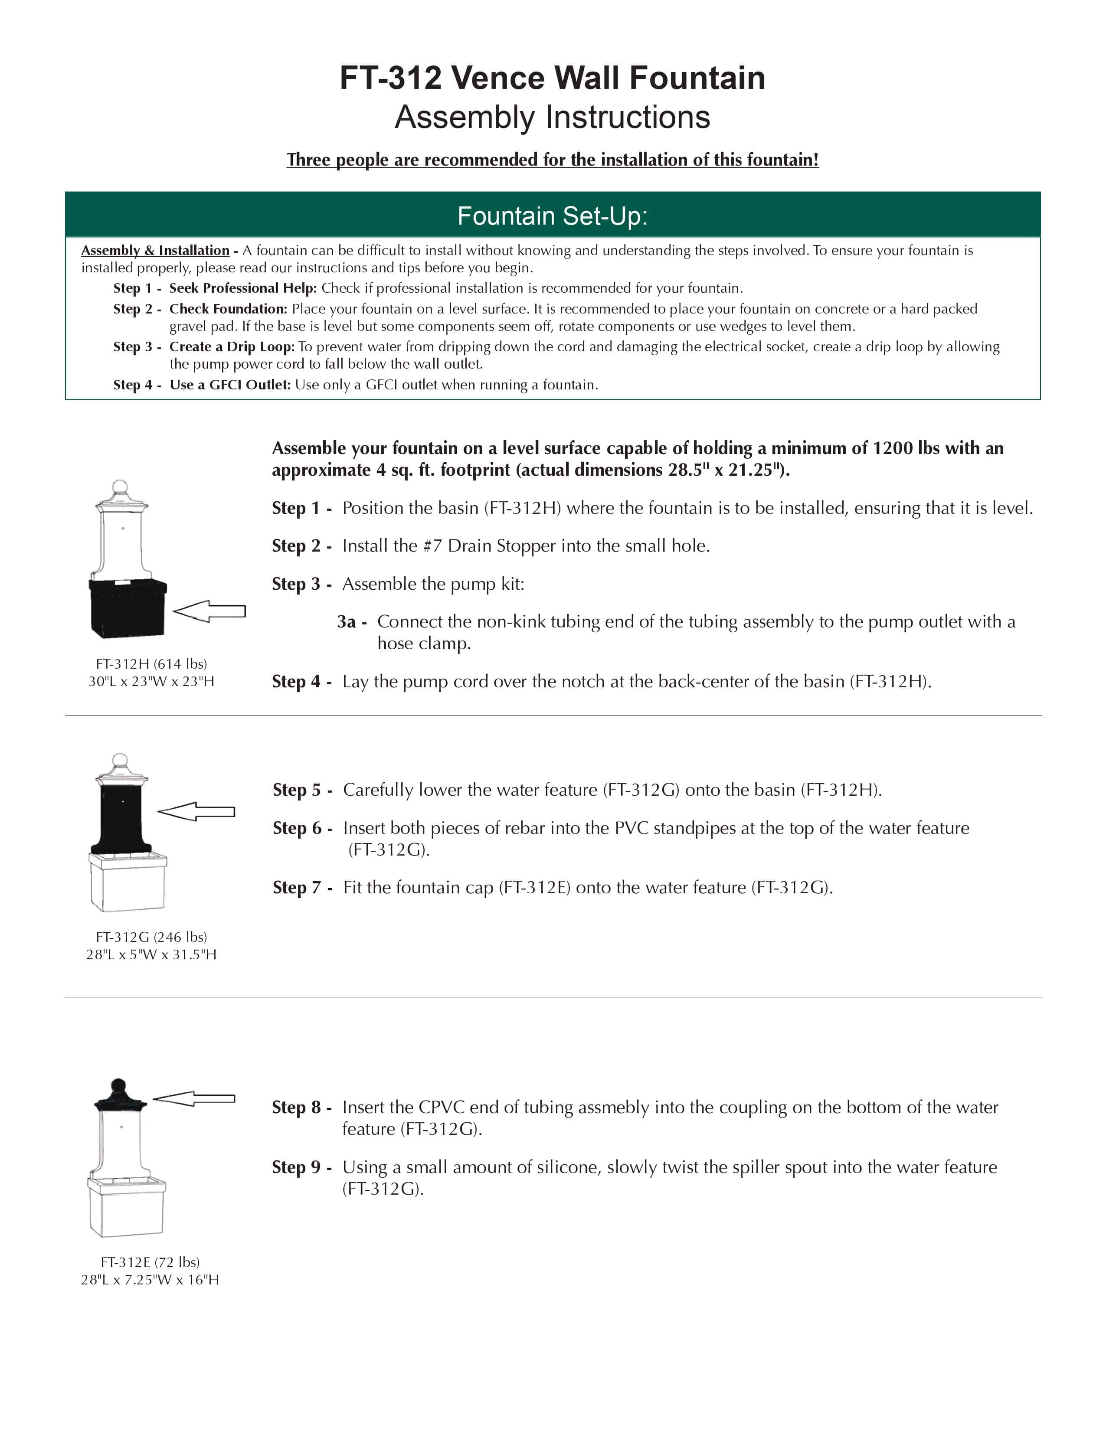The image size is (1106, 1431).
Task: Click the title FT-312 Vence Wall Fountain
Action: (552, 78)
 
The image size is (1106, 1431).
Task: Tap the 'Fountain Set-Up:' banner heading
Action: (552, 216)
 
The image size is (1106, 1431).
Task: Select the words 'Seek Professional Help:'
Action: (242, 288)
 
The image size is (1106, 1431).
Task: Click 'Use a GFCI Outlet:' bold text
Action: (229, 385)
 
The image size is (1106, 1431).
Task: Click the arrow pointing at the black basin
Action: (209, 611)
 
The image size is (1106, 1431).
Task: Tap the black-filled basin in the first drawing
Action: (128, 608)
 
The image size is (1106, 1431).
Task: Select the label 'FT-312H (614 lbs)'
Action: (151, 664)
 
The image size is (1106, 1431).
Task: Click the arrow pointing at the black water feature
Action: (196, 812)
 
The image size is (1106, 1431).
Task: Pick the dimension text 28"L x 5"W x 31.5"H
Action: (151, 955)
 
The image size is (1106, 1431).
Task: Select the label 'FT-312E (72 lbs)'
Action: (150, 1262)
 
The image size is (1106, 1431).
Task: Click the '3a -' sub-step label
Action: (352, 622)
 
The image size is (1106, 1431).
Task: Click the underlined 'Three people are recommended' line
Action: (552, 160)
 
